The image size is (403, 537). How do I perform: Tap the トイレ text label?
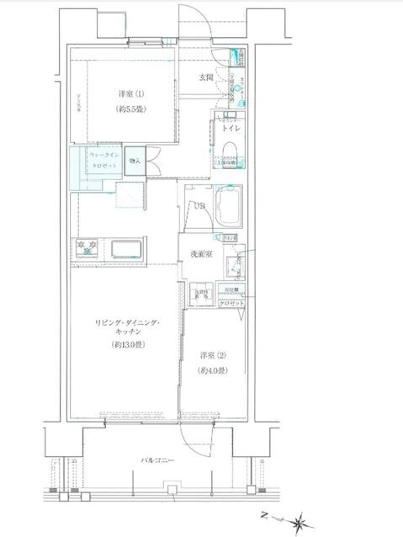231,130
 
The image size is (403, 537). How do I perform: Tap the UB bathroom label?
199,206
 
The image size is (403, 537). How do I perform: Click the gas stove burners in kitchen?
87,249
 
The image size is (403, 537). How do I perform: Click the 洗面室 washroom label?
199,254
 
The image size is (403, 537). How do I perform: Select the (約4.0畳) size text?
212,371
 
